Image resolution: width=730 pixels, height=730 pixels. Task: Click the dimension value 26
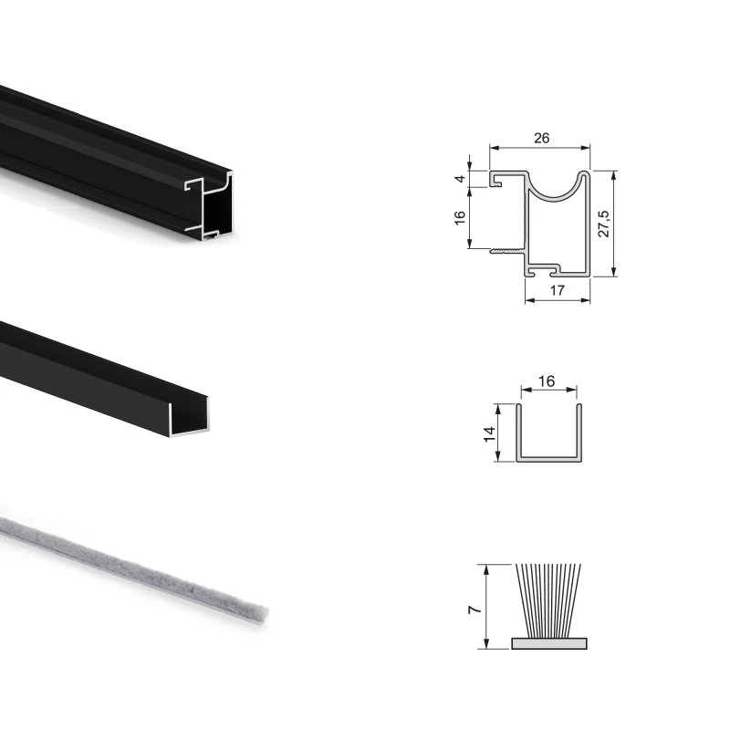coord(540,139)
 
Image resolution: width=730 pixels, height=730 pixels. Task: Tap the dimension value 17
coord(558,291)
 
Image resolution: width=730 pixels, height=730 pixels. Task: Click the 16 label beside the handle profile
coord(460,217)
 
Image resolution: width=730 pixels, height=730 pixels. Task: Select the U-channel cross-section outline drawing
coord(548,455)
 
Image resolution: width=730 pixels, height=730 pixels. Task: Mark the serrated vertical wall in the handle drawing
coord(527,219)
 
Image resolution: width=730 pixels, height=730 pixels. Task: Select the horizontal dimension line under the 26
coord(540,148)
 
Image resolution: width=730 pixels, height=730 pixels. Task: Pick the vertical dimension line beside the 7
coord(487,607)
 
